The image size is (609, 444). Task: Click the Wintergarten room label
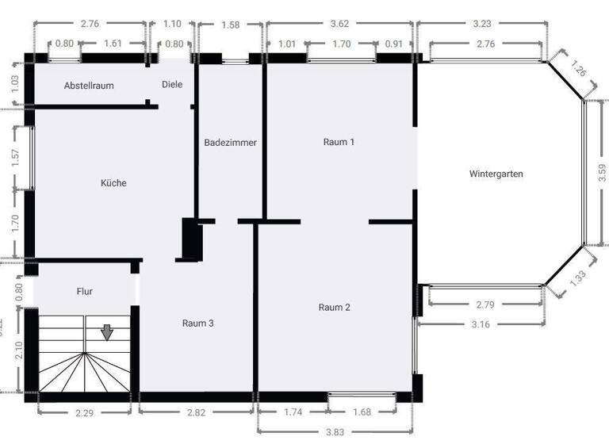point(496,174)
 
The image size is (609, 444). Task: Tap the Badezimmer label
point(230,143)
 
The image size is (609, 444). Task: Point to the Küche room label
point(113,183)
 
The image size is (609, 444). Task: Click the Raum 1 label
point(339,142)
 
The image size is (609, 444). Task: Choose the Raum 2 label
point(335,307)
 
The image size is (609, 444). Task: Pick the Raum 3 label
point(197,323)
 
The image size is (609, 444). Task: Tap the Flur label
point(85,291)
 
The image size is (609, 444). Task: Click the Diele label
point(172,84)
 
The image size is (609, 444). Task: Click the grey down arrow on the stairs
point(106,332)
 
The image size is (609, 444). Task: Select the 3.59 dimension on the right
point(602,173)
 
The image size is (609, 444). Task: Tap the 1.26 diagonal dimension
point(580,72)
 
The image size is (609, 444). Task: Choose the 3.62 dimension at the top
point(339,25)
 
